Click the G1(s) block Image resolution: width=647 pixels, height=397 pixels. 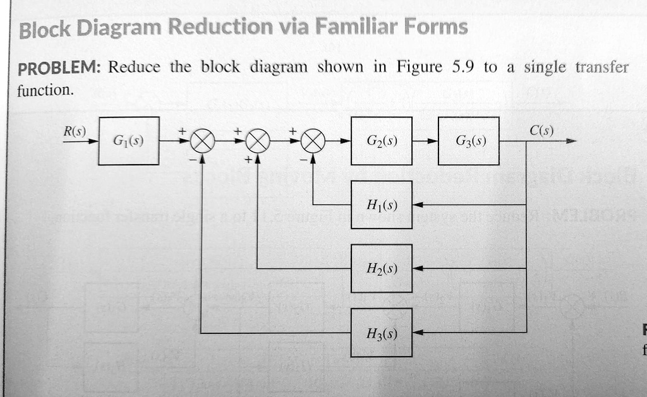pyautogui.click(x=128, y=141)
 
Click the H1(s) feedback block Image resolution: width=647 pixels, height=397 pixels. pyautogui.click(x=382, y=204)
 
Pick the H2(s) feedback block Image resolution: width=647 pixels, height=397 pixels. pyautogui.click(x=382, y=268)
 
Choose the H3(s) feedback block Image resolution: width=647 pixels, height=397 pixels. pyautogui.click(x=382, y=333)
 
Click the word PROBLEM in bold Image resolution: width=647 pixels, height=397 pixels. pyautogui.click(x=56, y=68)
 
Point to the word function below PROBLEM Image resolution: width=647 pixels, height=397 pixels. pyautogui.click(x=45, y=90)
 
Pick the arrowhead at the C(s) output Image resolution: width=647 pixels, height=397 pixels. pyautogui.click(x=571, y=142)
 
